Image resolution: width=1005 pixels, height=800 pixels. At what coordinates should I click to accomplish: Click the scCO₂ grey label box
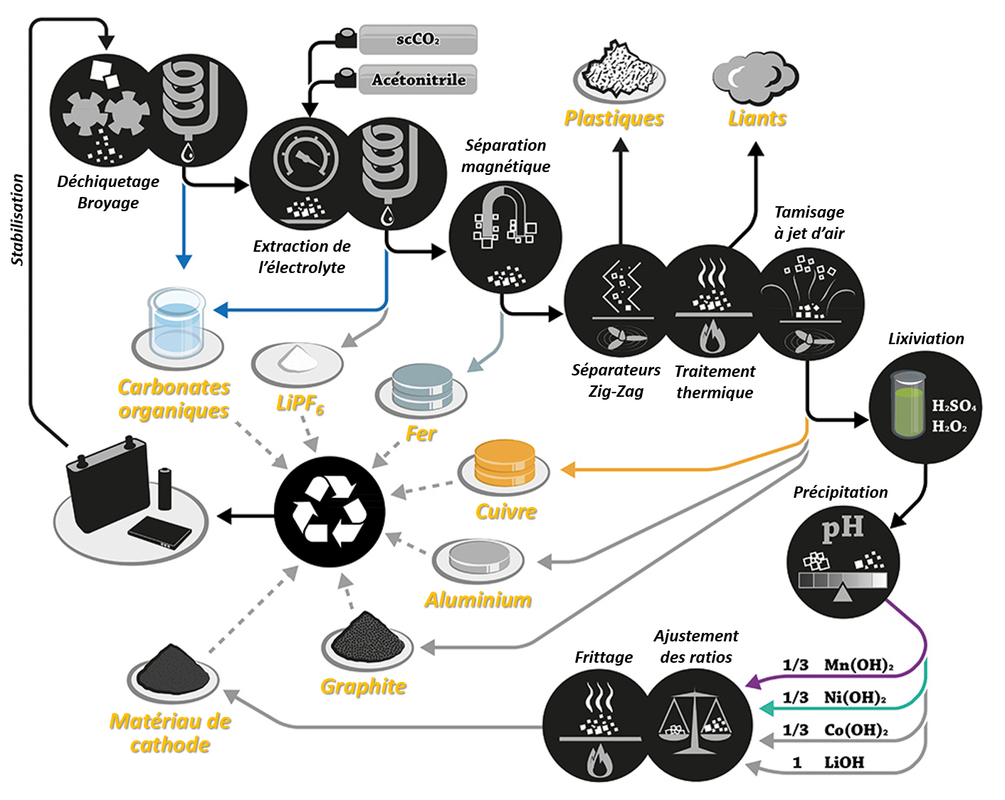coord(418,40)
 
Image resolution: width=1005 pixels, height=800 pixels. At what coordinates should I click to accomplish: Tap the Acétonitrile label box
coord(418,80)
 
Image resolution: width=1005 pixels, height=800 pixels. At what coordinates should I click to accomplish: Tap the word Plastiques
coord(614,119)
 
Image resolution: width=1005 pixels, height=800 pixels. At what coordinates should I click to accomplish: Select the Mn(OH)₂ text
coord(858,665)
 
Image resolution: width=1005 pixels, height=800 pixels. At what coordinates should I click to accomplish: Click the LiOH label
coord(844,762)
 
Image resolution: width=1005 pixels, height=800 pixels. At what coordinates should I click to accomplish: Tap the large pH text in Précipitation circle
coord(842,528)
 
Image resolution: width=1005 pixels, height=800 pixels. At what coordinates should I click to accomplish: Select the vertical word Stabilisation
coord(18,220)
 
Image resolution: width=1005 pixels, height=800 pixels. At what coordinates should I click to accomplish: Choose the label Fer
coord(421,433)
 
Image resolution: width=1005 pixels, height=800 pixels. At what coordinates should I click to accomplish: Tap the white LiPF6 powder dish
coord(298,358)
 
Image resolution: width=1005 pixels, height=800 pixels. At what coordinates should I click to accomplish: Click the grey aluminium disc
coord(478,556)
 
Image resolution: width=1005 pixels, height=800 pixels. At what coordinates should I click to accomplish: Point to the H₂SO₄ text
coord(954,406)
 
